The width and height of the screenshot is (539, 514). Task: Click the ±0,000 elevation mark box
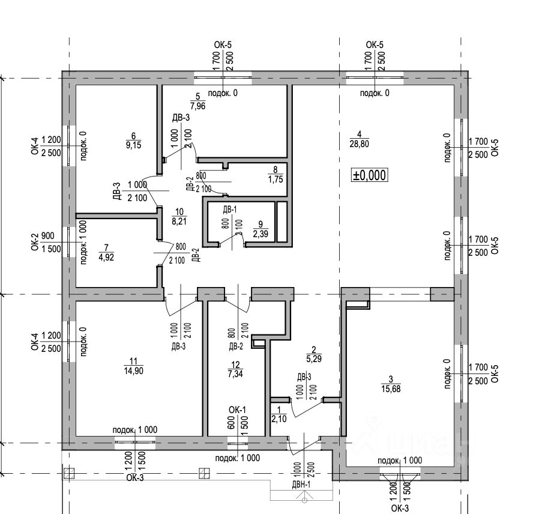[370, 175]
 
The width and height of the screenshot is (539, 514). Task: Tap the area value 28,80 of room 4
[359, 143]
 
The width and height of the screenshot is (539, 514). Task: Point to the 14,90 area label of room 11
[133, 370]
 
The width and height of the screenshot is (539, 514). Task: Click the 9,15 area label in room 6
[133, 145]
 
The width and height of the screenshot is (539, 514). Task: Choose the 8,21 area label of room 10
[178, 221]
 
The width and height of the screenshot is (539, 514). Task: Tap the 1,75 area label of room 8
[274, 180]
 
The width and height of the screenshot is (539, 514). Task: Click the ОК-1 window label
[238, 410]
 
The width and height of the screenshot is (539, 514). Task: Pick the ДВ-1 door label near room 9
[230, 210]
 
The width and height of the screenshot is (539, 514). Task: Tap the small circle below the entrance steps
[305, 500]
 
